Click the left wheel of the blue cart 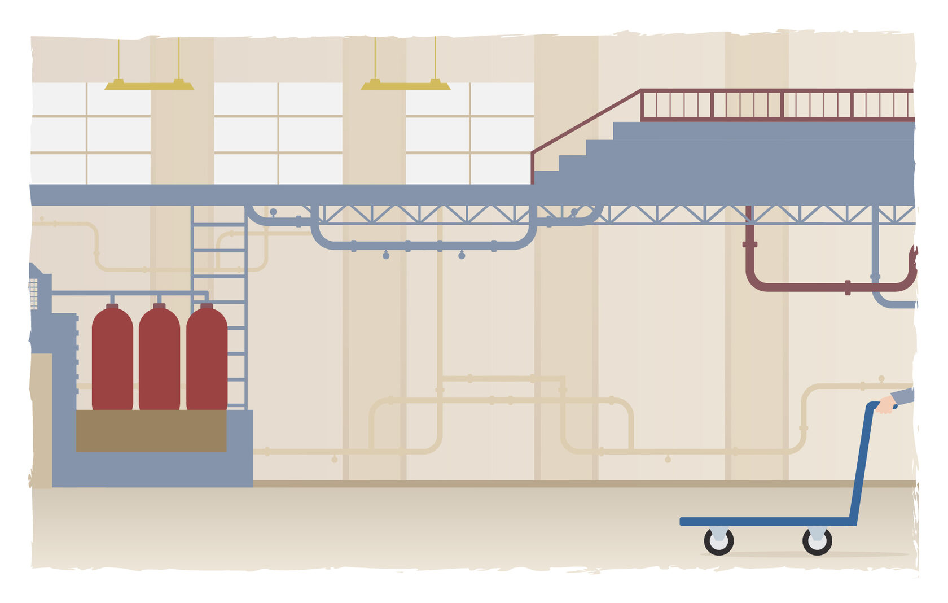point(718,541)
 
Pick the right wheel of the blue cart point(817,541)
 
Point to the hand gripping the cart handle point(885,405)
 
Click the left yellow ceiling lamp point(149,85)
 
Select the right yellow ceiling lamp point(405,85)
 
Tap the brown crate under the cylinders point(151,430)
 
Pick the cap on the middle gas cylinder point(159,307)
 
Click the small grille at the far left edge point(33,294)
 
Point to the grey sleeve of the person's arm point(903,396)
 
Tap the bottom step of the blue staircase point(546,178)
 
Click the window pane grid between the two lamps point(278,133)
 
